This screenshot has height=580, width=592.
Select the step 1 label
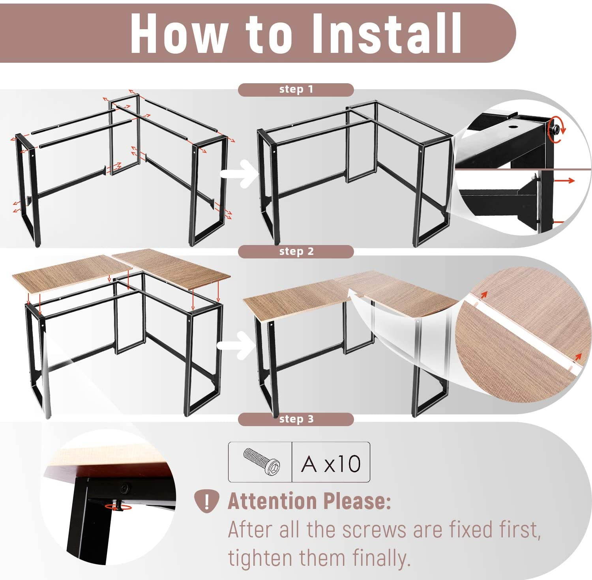pos(296,90)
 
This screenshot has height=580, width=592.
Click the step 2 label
pos(296,251)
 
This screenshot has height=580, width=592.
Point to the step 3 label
pos(296,419)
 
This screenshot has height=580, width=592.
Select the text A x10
pos(331,463)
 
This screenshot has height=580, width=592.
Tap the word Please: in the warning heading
pos(357,501)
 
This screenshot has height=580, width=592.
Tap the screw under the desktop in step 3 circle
pos(117,506)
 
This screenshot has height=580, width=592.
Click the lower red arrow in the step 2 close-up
pos(578,357)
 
